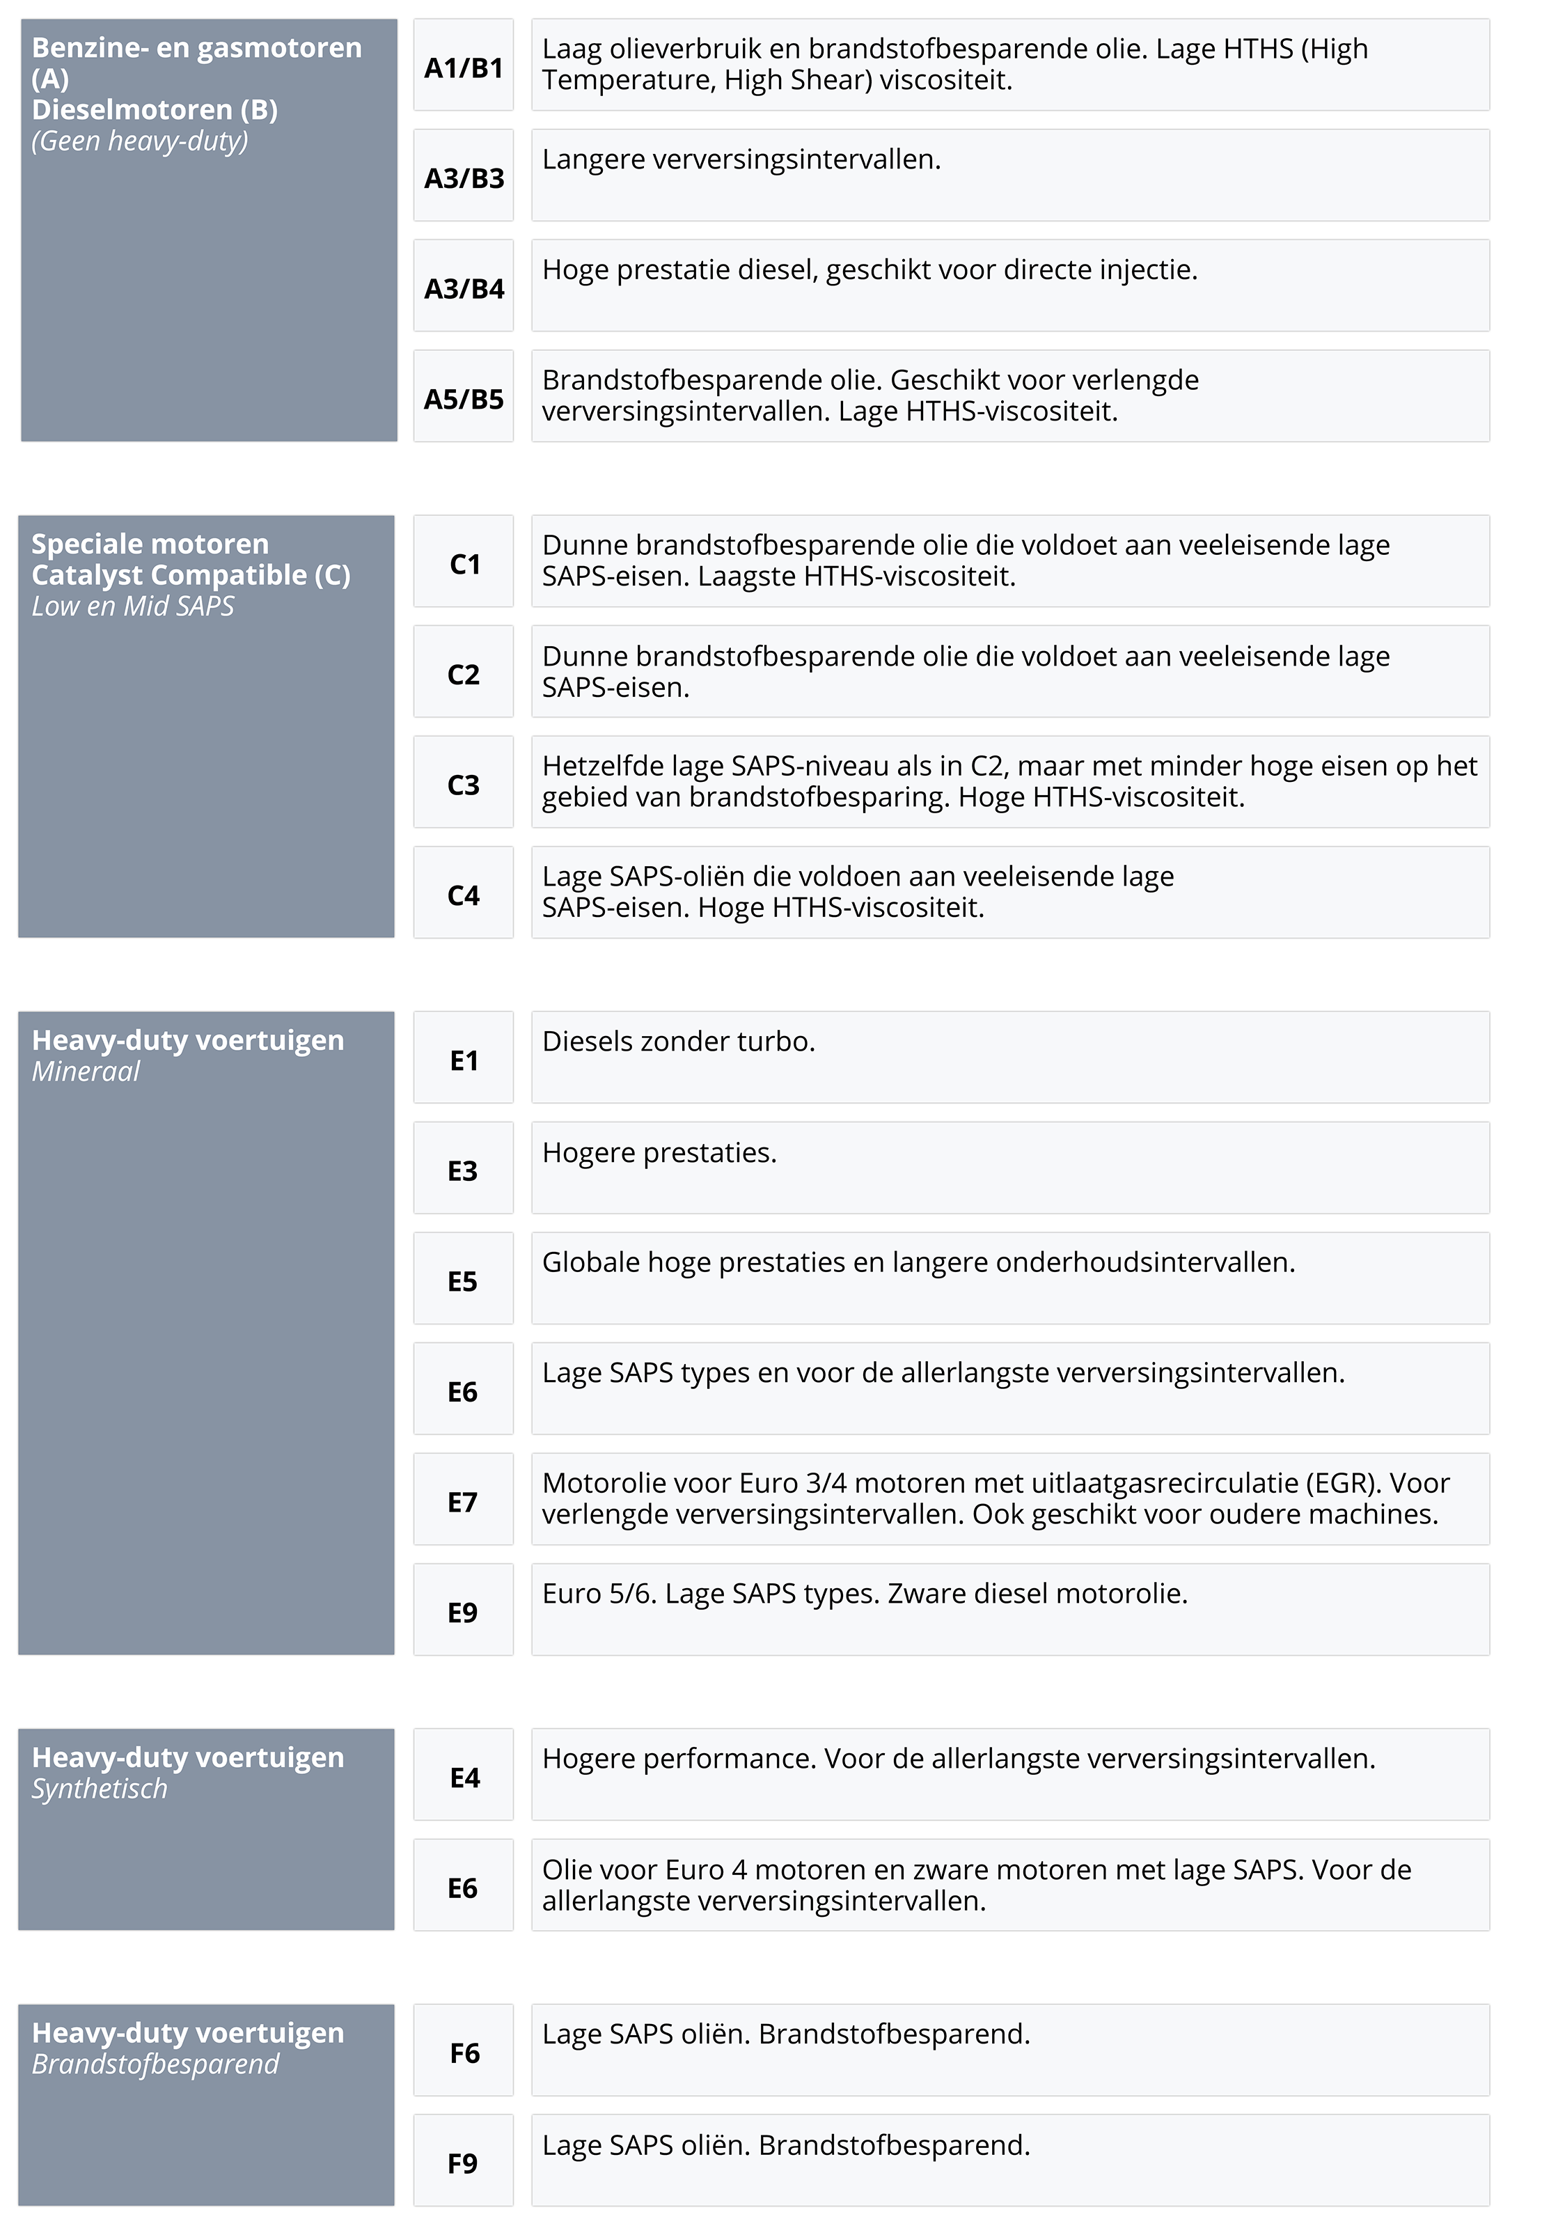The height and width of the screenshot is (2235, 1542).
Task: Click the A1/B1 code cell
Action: pos(464,68)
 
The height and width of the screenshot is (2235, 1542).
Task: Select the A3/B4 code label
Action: pos(464,288)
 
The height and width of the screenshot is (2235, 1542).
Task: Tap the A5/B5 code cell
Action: pos(464,398)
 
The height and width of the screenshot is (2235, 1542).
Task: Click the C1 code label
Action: pos(464,563)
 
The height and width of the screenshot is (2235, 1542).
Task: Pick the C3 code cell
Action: pos(464,784)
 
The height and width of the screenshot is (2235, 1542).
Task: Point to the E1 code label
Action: pos(464,1060)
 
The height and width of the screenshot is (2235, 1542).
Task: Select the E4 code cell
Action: pos(464,1777)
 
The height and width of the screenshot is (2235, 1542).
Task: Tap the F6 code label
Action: pos(464,2053)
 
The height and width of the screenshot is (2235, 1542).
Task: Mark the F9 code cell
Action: pos(464,2163)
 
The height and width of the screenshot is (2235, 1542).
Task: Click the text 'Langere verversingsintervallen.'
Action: pos(741,159)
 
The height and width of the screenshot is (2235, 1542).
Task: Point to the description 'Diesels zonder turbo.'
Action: pos(678,1042)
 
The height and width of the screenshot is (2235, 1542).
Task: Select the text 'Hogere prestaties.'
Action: pos(659,1153)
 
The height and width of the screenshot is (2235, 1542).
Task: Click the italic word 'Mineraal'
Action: pos(86,1072)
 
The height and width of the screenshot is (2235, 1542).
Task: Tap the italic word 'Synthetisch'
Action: pos(100,1789)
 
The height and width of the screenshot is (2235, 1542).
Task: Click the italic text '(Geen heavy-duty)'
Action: pos(140,141)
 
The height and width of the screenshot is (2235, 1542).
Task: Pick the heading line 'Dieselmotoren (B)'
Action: pos(155,109)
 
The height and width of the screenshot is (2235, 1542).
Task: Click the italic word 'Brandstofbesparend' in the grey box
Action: pos(155,2064)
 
